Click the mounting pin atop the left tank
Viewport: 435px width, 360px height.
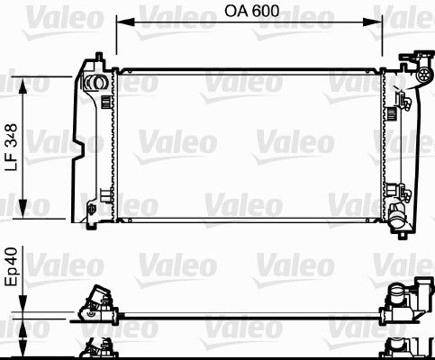[94, 61]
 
